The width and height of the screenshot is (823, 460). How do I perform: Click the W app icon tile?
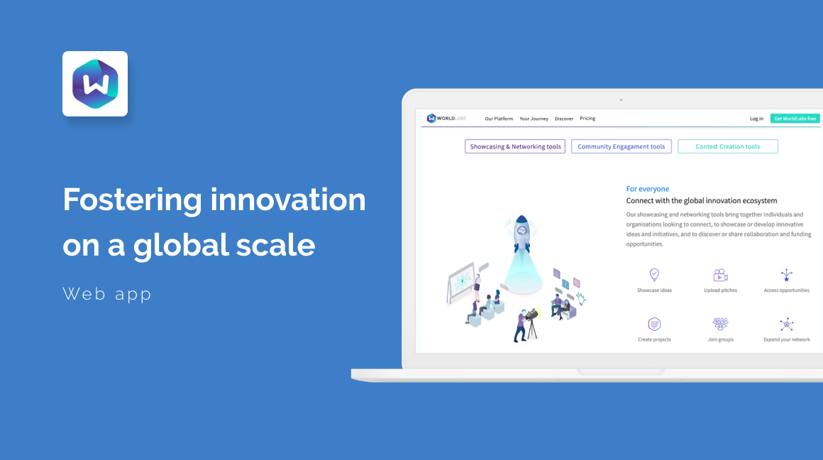95,84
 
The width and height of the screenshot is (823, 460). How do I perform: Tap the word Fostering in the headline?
132,201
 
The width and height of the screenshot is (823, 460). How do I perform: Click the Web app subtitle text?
107,294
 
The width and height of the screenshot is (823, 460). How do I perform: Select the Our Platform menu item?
499,119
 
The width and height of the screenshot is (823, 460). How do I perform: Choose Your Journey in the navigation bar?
534,119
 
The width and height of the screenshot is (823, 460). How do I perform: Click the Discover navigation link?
564,119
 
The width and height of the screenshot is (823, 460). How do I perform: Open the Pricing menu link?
587,119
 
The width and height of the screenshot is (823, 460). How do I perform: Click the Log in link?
756,119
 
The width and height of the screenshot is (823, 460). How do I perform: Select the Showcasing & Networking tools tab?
515,146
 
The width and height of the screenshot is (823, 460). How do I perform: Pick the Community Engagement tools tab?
621,146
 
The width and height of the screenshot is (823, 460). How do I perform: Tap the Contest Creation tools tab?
727,146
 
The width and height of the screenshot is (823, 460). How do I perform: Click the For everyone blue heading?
647,189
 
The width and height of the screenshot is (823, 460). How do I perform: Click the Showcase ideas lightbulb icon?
654,275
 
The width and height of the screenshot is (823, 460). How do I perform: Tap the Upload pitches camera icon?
720,275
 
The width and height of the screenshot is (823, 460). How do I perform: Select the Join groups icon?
720,324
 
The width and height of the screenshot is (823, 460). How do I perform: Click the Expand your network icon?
786,324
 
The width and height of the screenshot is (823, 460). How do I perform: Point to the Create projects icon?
654,324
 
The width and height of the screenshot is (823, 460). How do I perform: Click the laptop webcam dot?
621,100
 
